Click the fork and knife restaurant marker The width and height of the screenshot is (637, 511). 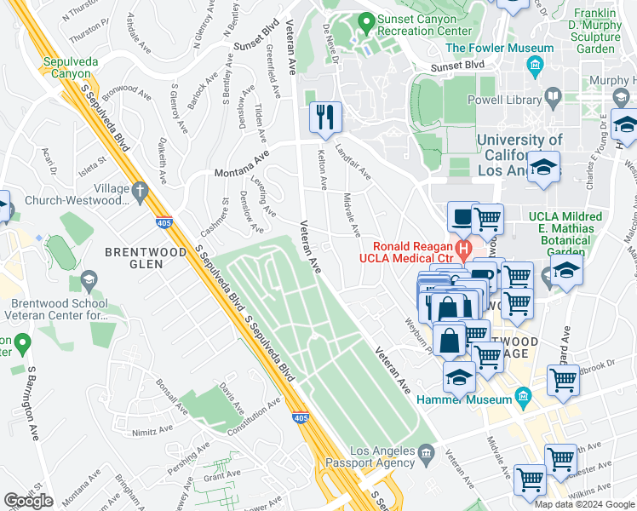pos(324,117)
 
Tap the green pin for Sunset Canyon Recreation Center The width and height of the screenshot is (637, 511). pos(367,20)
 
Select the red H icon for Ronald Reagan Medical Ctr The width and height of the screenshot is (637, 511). pos(463,250)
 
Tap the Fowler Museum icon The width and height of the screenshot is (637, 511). pos(535,65)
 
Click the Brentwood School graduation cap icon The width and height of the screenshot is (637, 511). pos(88,279)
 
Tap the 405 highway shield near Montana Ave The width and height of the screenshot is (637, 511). pos(163,223)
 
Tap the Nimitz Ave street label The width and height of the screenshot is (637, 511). pos(152,432)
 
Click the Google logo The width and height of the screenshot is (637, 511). pos(28,501)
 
